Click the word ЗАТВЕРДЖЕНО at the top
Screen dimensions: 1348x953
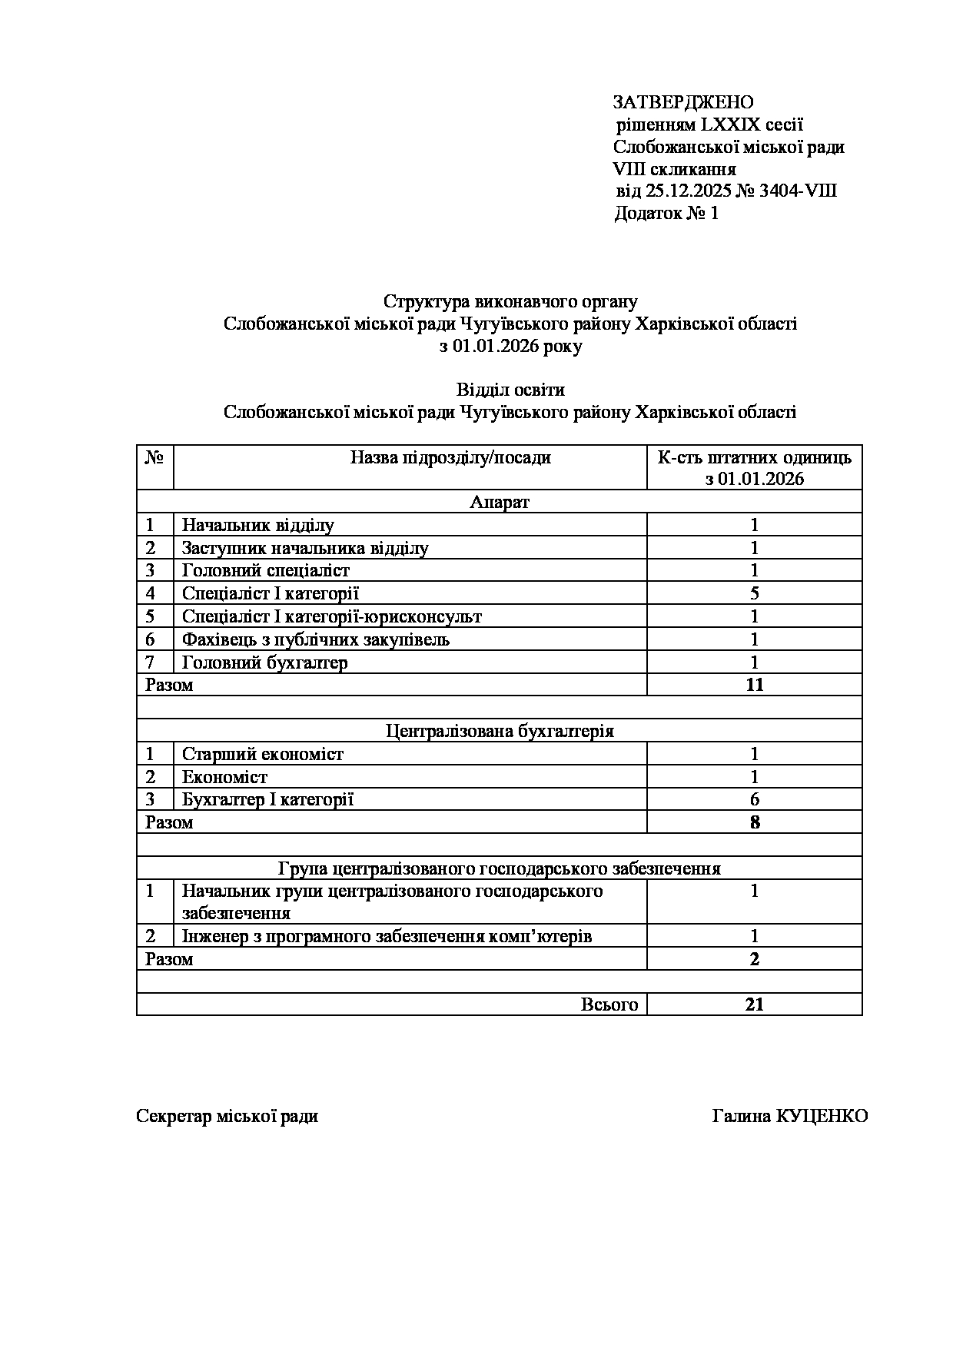[682, 102]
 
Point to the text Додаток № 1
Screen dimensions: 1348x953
[666, 213]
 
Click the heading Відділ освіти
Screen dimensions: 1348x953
[510, 390]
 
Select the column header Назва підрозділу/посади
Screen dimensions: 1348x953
[450, 458]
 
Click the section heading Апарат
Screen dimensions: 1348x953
[500, 503]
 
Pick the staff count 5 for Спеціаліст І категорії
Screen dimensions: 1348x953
[754, 593]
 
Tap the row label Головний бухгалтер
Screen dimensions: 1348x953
[264, 662]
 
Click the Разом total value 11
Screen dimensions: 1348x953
[754, 685]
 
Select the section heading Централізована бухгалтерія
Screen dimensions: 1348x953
[500, 730]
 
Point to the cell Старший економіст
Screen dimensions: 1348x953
[262, 754]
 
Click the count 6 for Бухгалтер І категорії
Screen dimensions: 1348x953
[754, 799]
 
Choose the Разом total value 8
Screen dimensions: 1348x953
[754, 822]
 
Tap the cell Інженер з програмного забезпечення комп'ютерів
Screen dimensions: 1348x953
[387, 936]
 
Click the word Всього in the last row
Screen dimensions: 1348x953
[609, 1004]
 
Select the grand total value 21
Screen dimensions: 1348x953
[754, 1004]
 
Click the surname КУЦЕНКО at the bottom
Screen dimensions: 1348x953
[822, 1116]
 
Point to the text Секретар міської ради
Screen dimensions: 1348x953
[227, 1116]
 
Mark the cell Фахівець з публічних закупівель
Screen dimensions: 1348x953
[315, 639]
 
